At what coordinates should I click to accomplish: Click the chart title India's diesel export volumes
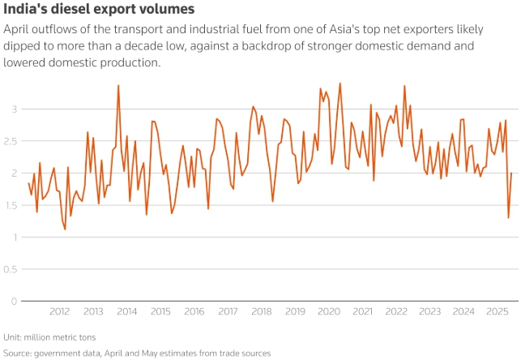pyautogui.click(x=99, y=10)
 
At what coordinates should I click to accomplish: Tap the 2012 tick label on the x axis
pyautogui.click(x=59, y=311)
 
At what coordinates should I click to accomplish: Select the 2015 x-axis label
pyautogui.click(x=160, y=311)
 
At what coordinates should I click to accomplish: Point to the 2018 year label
pyautogui.click(x=261, y=311)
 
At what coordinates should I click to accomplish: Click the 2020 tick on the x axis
pyautogui.click(x=328, y=311)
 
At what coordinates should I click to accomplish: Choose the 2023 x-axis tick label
pyautogui.click(x=429, y=311)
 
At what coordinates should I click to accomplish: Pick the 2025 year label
pyautogui.click(x=497, y=311)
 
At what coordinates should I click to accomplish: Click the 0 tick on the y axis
pyautogui.click(x=14, y=301)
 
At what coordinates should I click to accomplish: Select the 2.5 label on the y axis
pyautogui.click(x=10, y=140)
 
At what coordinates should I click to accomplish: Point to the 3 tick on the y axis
pyautogui.click(x=14, y=109)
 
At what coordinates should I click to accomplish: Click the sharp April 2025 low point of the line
pyautogui.click(x=508, y=217)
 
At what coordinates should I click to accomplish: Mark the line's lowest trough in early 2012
pyautogui.click(x=65, y=229)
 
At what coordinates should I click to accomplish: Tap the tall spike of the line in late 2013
pyautogui.click(x=118, y=85)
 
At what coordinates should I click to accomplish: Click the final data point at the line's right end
pyautogui.click(x=511, y=173)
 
